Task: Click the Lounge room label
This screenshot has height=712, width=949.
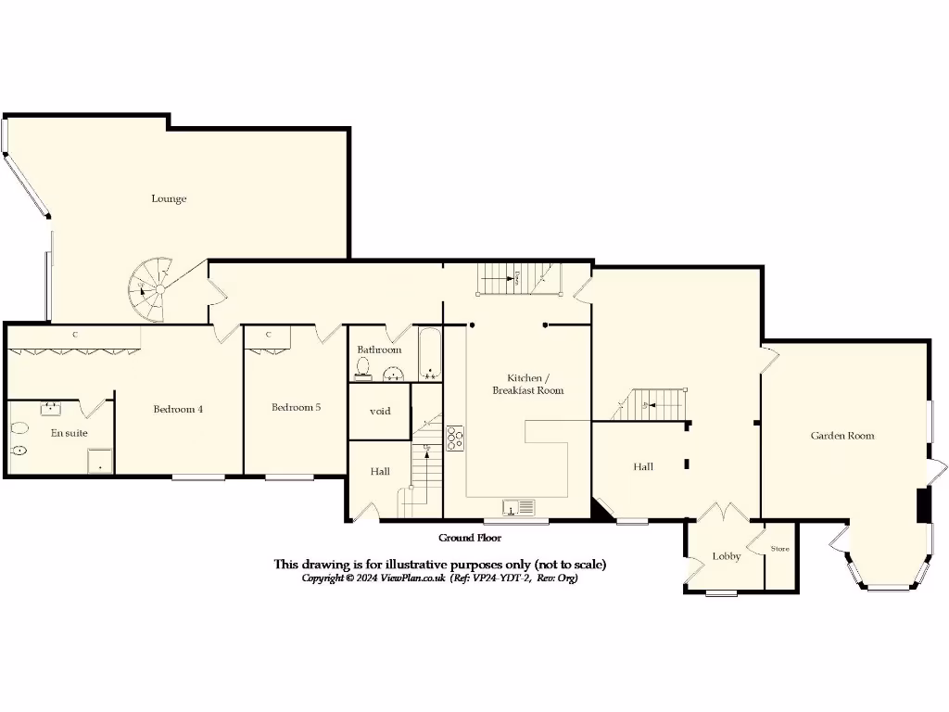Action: point(169,198)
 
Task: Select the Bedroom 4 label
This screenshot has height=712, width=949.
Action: point(178,409)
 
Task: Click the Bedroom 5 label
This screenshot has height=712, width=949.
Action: point(296,407)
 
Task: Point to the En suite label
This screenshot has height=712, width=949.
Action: point(70,433)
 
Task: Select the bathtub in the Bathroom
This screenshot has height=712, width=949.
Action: point(430,354)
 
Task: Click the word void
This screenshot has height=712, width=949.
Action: point(380,411)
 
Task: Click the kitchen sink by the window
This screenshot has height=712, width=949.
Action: point(519,507)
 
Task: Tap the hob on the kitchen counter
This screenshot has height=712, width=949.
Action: point(455,438)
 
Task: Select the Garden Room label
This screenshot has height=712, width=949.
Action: point(841,436)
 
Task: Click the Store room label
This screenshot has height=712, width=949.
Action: point(780,549)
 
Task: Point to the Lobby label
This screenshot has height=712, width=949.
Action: point(726,556)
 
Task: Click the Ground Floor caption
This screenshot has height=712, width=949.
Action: point(470,538)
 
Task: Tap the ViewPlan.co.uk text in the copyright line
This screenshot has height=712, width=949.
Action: point(408,578)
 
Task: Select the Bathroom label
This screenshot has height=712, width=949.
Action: point(379,350)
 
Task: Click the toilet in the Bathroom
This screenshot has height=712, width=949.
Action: point(362,371)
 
